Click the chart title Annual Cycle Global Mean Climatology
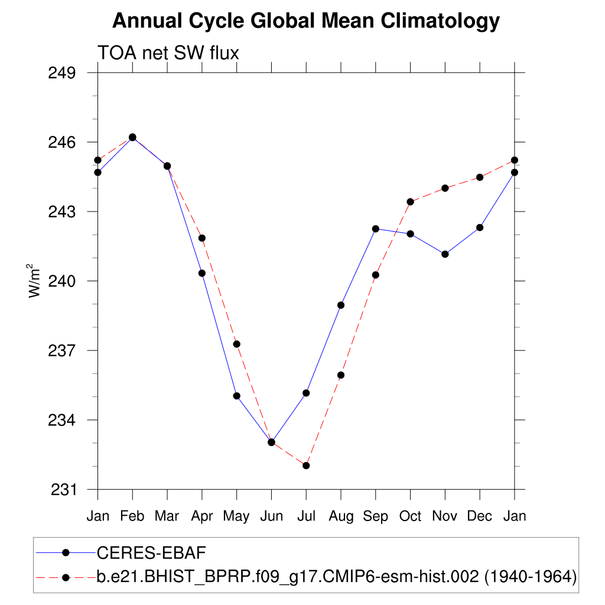pyautogui.click(x=305, y=21)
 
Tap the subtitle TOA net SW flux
pyautogui.click(x=168, y=53)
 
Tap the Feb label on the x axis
pyautogui.click(x=132, y=516)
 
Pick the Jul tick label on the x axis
pyautogui.click(x=306, y=516)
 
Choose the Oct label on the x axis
pyautogui.click(x=410, y=516)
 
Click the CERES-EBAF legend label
pyautogui.click(x=151, y=552)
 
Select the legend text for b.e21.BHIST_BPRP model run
pyautogui.click(x=336, y=576)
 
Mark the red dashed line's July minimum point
pyautogui.click(x=306, y=466)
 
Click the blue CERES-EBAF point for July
pyautogui.click(x=306, y=393)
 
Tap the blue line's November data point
pyautogui.click(x=445, y=254)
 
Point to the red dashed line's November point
pyautogui.click(x=445, y=188)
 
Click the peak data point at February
pyautogui.click(x=132, y=137)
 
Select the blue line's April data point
pyautogui.click(x=202, y=273)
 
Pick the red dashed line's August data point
pyautogui.click(x=341, y=375)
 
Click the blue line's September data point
pyautogui.click(x=375, y=229)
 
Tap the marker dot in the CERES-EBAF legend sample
pyautogui.click(x=66, y=552)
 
